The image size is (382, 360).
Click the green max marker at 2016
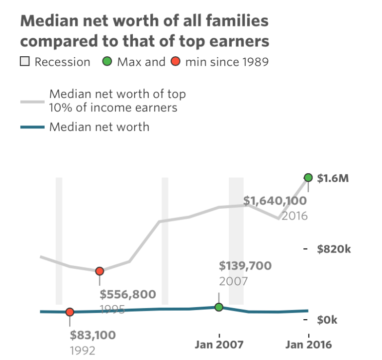(x=308, y=178)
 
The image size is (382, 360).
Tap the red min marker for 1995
(x=99, y=271)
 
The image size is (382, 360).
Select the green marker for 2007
(x=219, y=307)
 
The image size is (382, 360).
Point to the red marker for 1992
(x=70, y=312)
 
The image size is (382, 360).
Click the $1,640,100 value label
(x=275, y=201)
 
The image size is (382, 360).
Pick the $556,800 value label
(x=128, y=294)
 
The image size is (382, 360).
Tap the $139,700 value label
(x=245, y=266)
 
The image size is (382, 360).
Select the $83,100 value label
(x=93, y=335)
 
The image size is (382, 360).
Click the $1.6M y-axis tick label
(x=333, y=178)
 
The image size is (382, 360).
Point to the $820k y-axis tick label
(x=334, y=249)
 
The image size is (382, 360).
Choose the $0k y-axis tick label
(x=327, y=320)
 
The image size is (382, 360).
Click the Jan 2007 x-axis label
(x=219, y=345)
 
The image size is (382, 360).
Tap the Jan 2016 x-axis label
(x=308, y=345)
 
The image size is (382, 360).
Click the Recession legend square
(x=25, y=62)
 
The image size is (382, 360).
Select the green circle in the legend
(x=107, y=62)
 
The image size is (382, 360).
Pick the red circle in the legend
(x=175, y=62)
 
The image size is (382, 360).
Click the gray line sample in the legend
(x=32, y=101)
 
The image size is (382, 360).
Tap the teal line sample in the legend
(x=32, y=127)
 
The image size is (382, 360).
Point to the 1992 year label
(x=83, y=350)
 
